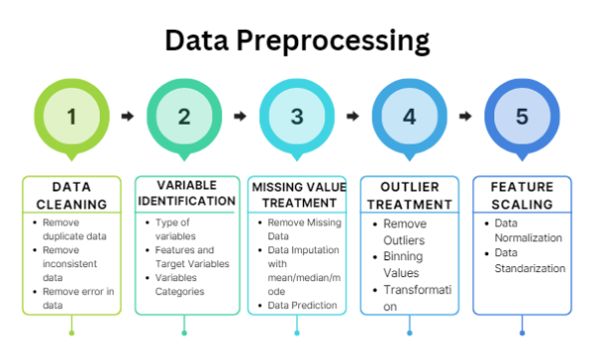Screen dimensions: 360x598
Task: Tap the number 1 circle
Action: click(71, 116)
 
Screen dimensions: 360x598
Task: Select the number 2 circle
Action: click(183, 116)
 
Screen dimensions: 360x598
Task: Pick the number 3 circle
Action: click(297, 116)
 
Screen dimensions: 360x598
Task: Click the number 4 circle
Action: click(410, 116)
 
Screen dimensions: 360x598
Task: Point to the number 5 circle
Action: click(522, 116)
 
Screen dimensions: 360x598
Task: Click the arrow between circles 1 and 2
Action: click(128, 116)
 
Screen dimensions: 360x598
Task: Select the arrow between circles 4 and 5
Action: click(465, 116)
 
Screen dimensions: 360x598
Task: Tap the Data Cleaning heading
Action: click(71, 193)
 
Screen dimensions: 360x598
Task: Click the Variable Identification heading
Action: click(183, 192)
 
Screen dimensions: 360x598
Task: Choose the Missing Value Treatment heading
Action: click(297, 194)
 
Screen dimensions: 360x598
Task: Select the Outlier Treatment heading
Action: click(410, 195)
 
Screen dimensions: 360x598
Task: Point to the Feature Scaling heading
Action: click(522, 193)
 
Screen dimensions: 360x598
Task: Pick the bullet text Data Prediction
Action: click(303, 305)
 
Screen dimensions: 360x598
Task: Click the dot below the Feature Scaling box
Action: click(522, 332)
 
